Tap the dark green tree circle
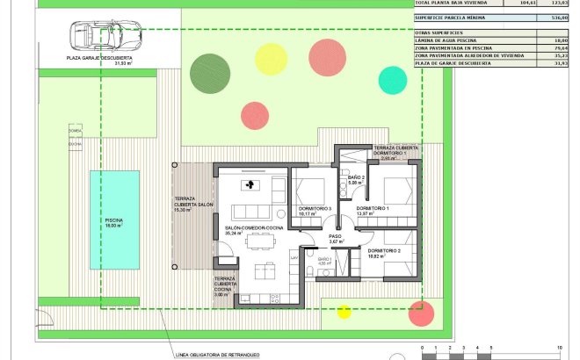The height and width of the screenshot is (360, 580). click(x=209, y=71)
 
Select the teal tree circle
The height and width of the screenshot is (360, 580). click(x=392, y=80)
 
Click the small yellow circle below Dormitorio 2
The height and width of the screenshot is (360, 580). click(x=344, y=311)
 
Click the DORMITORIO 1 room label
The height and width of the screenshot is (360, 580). click(x=372, y=209)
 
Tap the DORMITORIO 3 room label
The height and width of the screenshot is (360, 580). click(x=315, y=209)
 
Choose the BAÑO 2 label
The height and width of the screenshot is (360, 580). click(x=356, y=178)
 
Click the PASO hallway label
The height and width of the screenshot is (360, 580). click(x=335, y=236)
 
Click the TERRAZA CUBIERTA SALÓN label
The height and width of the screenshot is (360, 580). click(x=193, y=202)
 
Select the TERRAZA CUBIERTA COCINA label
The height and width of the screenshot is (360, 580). click(x=228, y=285)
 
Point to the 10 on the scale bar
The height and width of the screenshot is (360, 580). click(x=558, y=349)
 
